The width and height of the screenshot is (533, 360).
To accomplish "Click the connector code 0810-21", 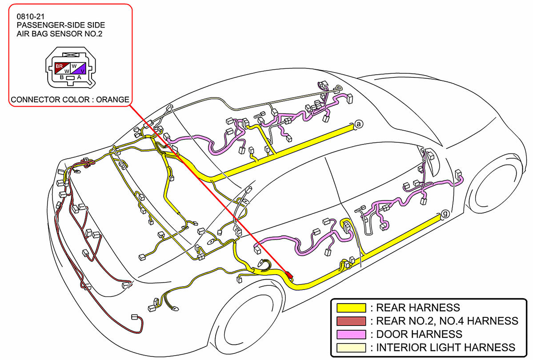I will pos(27,17).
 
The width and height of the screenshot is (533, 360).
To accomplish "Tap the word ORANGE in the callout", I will pos(112,100).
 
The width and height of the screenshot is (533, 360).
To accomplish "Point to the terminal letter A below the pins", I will pos(79,77).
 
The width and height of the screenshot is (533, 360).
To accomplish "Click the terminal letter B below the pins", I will pos(62,77).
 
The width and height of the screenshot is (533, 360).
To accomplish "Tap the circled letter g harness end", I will pos(445,214).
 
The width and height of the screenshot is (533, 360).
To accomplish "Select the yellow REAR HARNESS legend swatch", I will pos(351,308).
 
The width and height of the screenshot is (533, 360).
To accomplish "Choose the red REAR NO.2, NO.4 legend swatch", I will pos(351,321).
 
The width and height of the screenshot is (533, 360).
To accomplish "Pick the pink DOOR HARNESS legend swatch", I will pos(351,334).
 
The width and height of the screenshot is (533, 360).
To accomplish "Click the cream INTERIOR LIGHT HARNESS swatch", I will pos(351,347).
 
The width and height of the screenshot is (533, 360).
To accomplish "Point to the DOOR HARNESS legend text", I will pos(419,334).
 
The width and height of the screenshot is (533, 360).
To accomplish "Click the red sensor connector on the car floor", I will pos(290,276).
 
